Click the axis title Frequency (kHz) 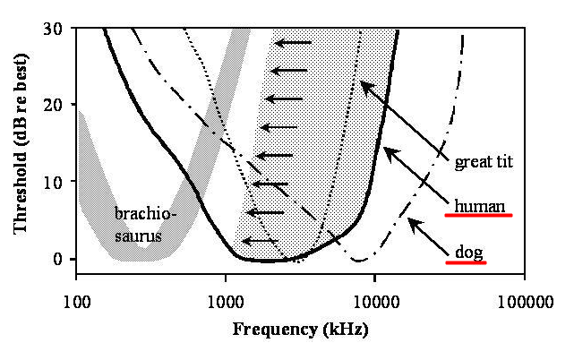pyautogui.click(x=300, y=329)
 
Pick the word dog pyautogui.click(x=465, y=253)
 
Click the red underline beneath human pyautogui.click(x=478, y=216)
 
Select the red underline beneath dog pyautogui.click(x=465, y=263)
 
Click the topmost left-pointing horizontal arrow pyautogui.click(x=294, y=42)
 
